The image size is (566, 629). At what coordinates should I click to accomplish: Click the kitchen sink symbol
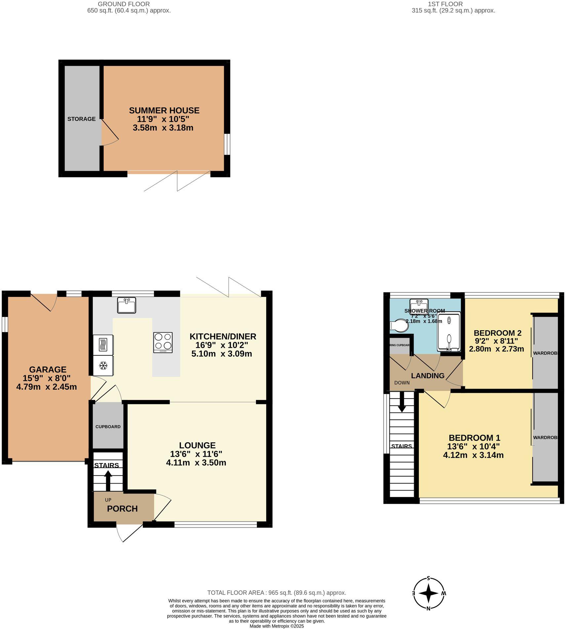[x=126, y=305]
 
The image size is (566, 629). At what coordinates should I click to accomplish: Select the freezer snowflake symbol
[x=103, y=366]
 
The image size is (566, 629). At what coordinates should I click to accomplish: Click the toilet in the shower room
[x=399, y=325]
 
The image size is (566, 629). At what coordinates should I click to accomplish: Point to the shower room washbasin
[x=419, y=304]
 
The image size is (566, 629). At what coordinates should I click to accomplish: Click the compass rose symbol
[x=429, y=594]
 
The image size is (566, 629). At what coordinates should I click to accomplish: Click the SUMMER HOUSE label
[x=164, y=110]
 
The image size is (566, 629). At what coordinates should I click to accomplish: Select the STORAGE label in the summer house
[x=81, y=119]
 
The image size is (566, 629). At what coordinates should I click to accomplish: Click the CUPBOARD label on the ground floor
[x=108, y=427]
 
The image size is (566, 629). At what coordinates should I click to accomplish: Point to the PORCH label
[x=122, y=509]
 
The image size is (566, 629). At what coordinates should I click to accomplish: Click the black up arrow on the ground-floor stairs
[x=108, y=480]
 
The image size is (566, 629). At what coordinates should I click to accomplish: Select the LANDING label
[x=427, y=375]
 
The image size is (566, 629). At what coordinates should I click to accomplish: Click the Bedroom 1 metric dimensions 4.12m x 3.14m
[x=473, y=455]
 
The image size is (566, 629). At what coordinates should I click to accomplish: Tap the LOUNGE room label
[x=197, y=445]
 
